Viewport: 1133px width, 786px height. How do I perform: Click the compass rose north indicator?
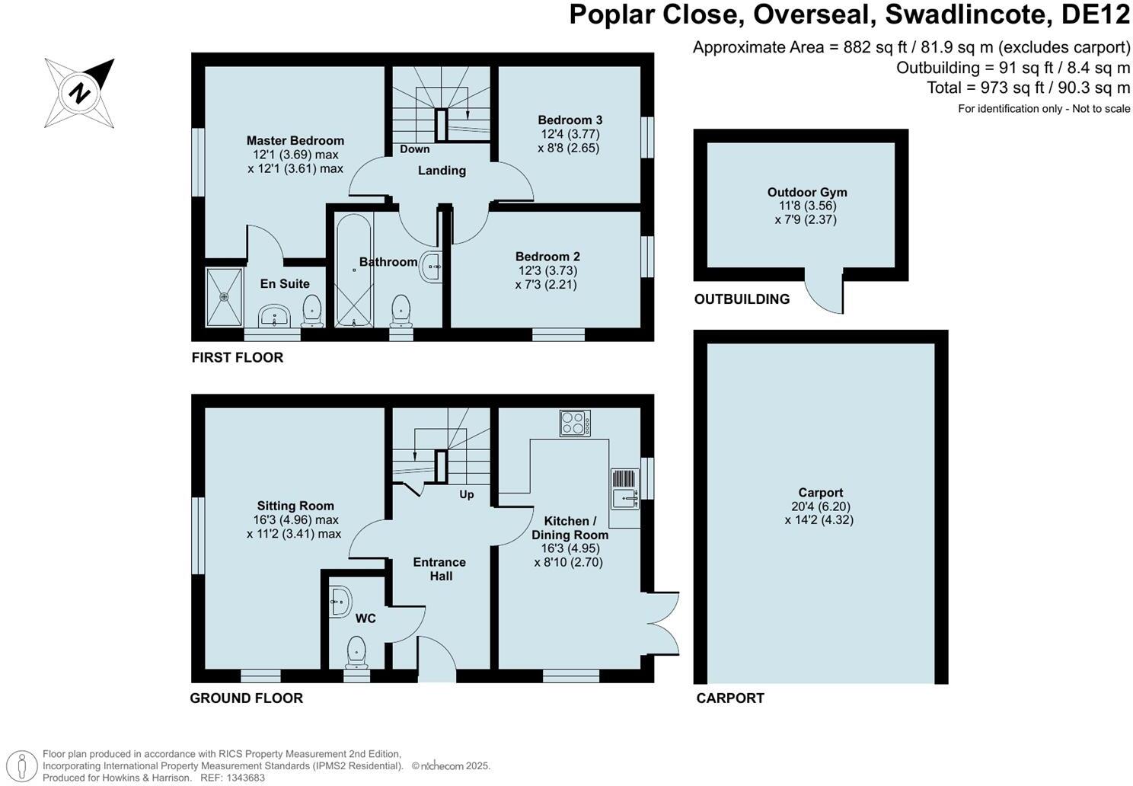(79, 94)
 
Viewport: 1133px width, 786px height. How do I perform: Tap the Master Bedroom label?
(295, 140)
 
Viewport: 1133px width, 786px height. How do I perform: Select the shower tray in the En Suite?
(224, 296)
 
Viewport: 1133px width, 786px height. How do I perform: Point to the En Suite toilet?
(311, 310)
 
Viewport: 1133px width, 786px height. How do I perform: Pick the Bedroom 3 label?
(570, 120)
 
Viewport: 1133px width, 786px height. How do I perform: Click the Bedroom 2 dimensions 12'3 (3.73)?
(547, 270)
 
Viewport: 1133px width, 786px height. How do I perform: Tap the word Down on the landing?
(414, 149)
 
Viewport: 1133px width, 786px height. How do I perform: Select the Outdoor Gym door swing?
(825, 292)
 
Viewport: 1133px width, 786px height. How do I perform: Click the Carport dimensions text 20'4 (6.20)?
(820, 506)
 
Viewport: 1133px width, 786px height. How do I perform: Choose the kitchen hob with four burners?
(575, 423)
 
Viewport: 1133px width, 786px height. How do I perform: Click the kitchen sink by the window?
(624, 489)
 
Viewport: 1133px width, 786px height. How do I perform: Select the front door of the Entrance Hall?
(437, 660)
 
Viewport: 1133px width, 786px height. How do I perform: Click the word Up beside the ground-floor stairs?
(467, 494)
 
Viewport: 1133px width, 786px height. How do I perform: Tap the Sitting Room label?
(295, 506)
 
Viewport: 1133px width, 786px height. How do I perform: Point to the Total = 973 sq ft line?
(1027, 88)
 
